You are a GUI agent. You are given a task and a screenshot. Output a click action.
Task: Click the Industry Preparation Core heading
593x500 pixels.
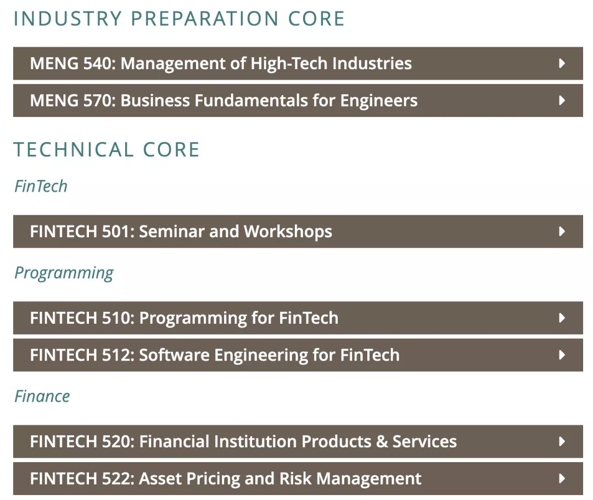179,19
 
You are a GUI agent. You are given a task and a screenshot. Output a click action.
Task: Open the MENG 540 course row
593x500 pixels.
298,64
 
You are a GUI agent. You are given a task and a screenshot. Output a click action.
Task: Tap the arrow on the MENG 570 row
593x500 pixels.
562,100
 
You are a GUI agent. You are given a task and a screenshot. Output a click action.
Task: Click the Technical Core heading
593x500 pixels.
107,149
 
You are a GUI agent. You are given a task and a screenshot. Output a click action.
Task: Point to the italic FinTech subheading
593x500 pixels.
41,186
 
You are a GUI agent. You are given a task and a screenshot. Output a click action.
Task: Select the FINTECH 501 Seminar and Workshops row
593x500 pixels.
298,231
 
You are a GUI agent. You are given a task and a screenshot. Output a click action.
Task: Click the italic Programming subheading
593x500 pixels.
64,273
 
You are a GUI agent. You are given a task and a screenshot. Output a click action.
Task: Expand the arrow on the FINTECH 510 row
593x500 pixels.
562,318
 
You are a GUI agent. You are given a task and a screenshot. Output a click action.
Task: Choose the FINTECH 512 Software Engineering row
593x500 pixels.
298,355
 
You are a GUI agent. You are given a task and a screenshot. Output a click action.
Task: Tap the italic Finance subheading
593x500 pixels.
42,396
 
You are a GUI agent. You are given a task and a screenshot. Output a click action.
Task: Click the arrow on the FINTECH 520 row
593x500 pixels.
562,441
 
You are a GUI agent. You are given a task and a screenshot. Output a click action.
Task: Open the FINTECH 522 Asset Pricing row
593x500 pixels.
298,479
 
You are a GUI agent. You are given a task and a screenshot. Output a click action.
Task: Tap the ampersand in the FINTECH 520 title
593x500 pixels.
382,441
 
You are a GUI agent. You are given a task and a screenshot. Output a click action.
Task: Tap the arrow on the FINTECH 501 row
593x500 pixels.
562,231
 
